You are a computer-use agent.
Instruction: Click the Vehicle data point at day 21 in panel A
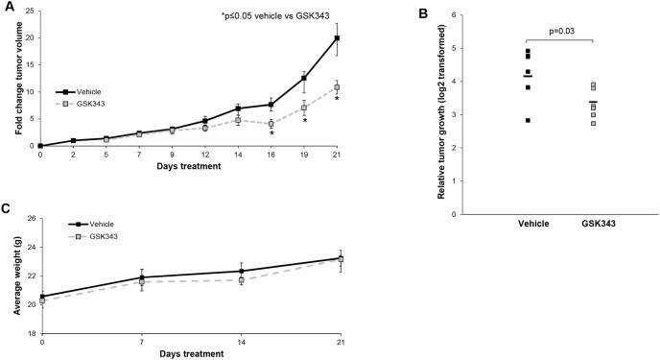click(x=337, y=38)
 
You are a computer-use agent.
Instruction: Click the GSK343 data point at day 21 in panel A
click(x=337, y=87)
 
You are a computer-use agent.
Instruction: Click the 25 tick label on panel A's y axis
click(x=29, y=12)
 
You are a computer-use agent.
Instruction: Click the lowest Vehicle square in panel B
click(x=528, y=120)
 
